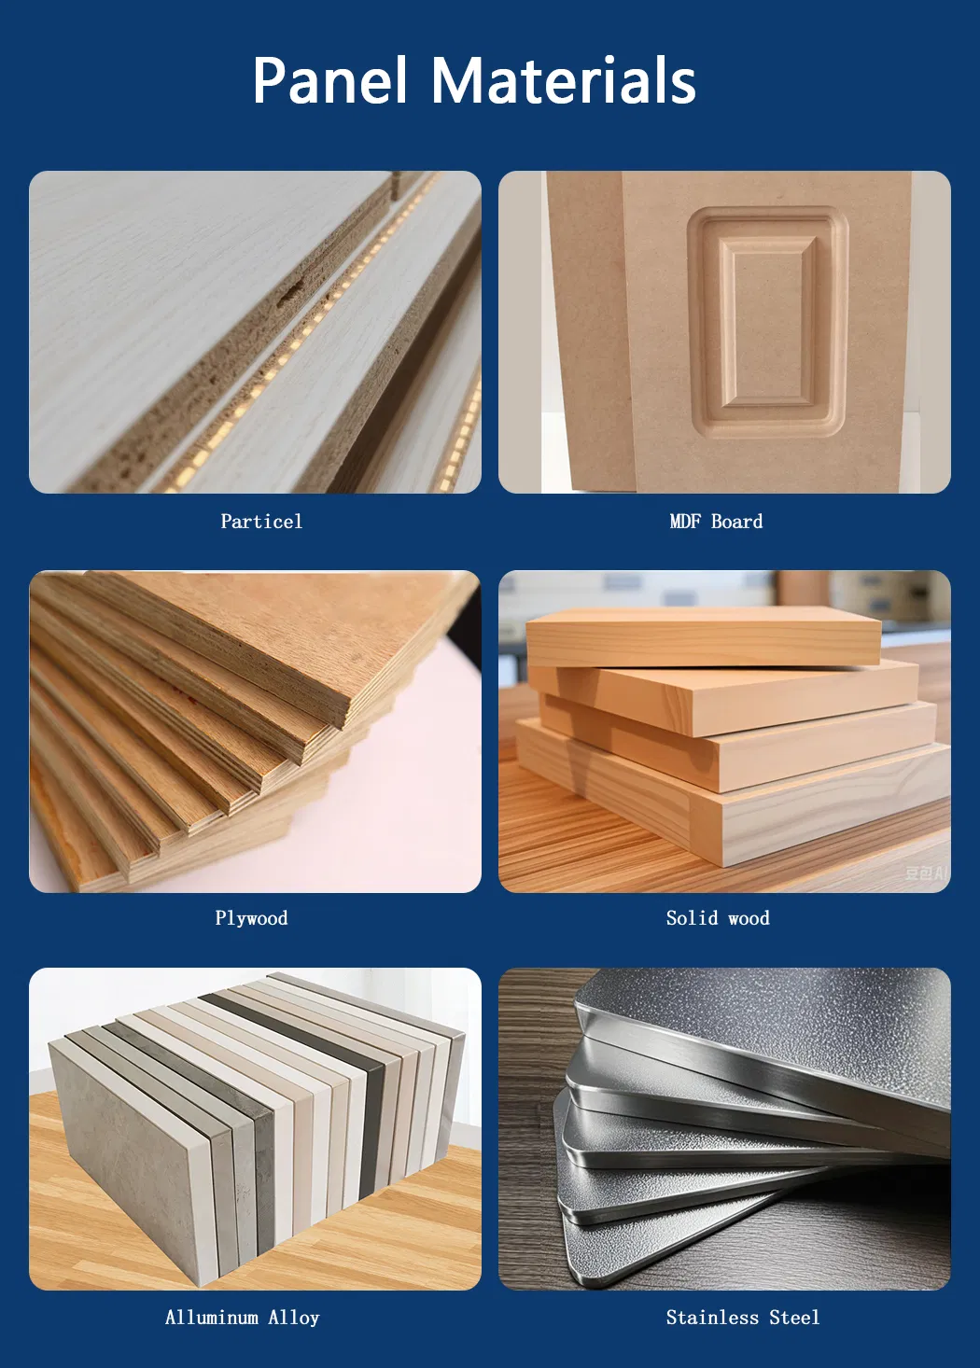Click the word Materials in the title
[x=564, y=80]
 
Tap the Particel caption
[x=261, y=522]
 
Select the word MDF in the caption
[x=684, y=522]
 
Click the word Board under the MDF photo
[x=737, y=522]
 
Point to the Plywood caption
[x=251, y=918]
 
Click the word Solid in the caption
[x=692, y=918]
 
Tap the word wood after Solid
[x=749, y=918]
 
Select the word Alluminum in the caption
[x=211, y=1318]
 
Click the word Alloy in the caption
[x=294, y=1318]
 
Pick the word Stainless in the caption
[x=712, y=1318]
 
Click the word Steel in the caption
[x=794, y=1318]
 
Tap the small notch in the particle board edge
[x=292, y=292]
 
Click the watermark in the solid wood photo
[x=926, y=873]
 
